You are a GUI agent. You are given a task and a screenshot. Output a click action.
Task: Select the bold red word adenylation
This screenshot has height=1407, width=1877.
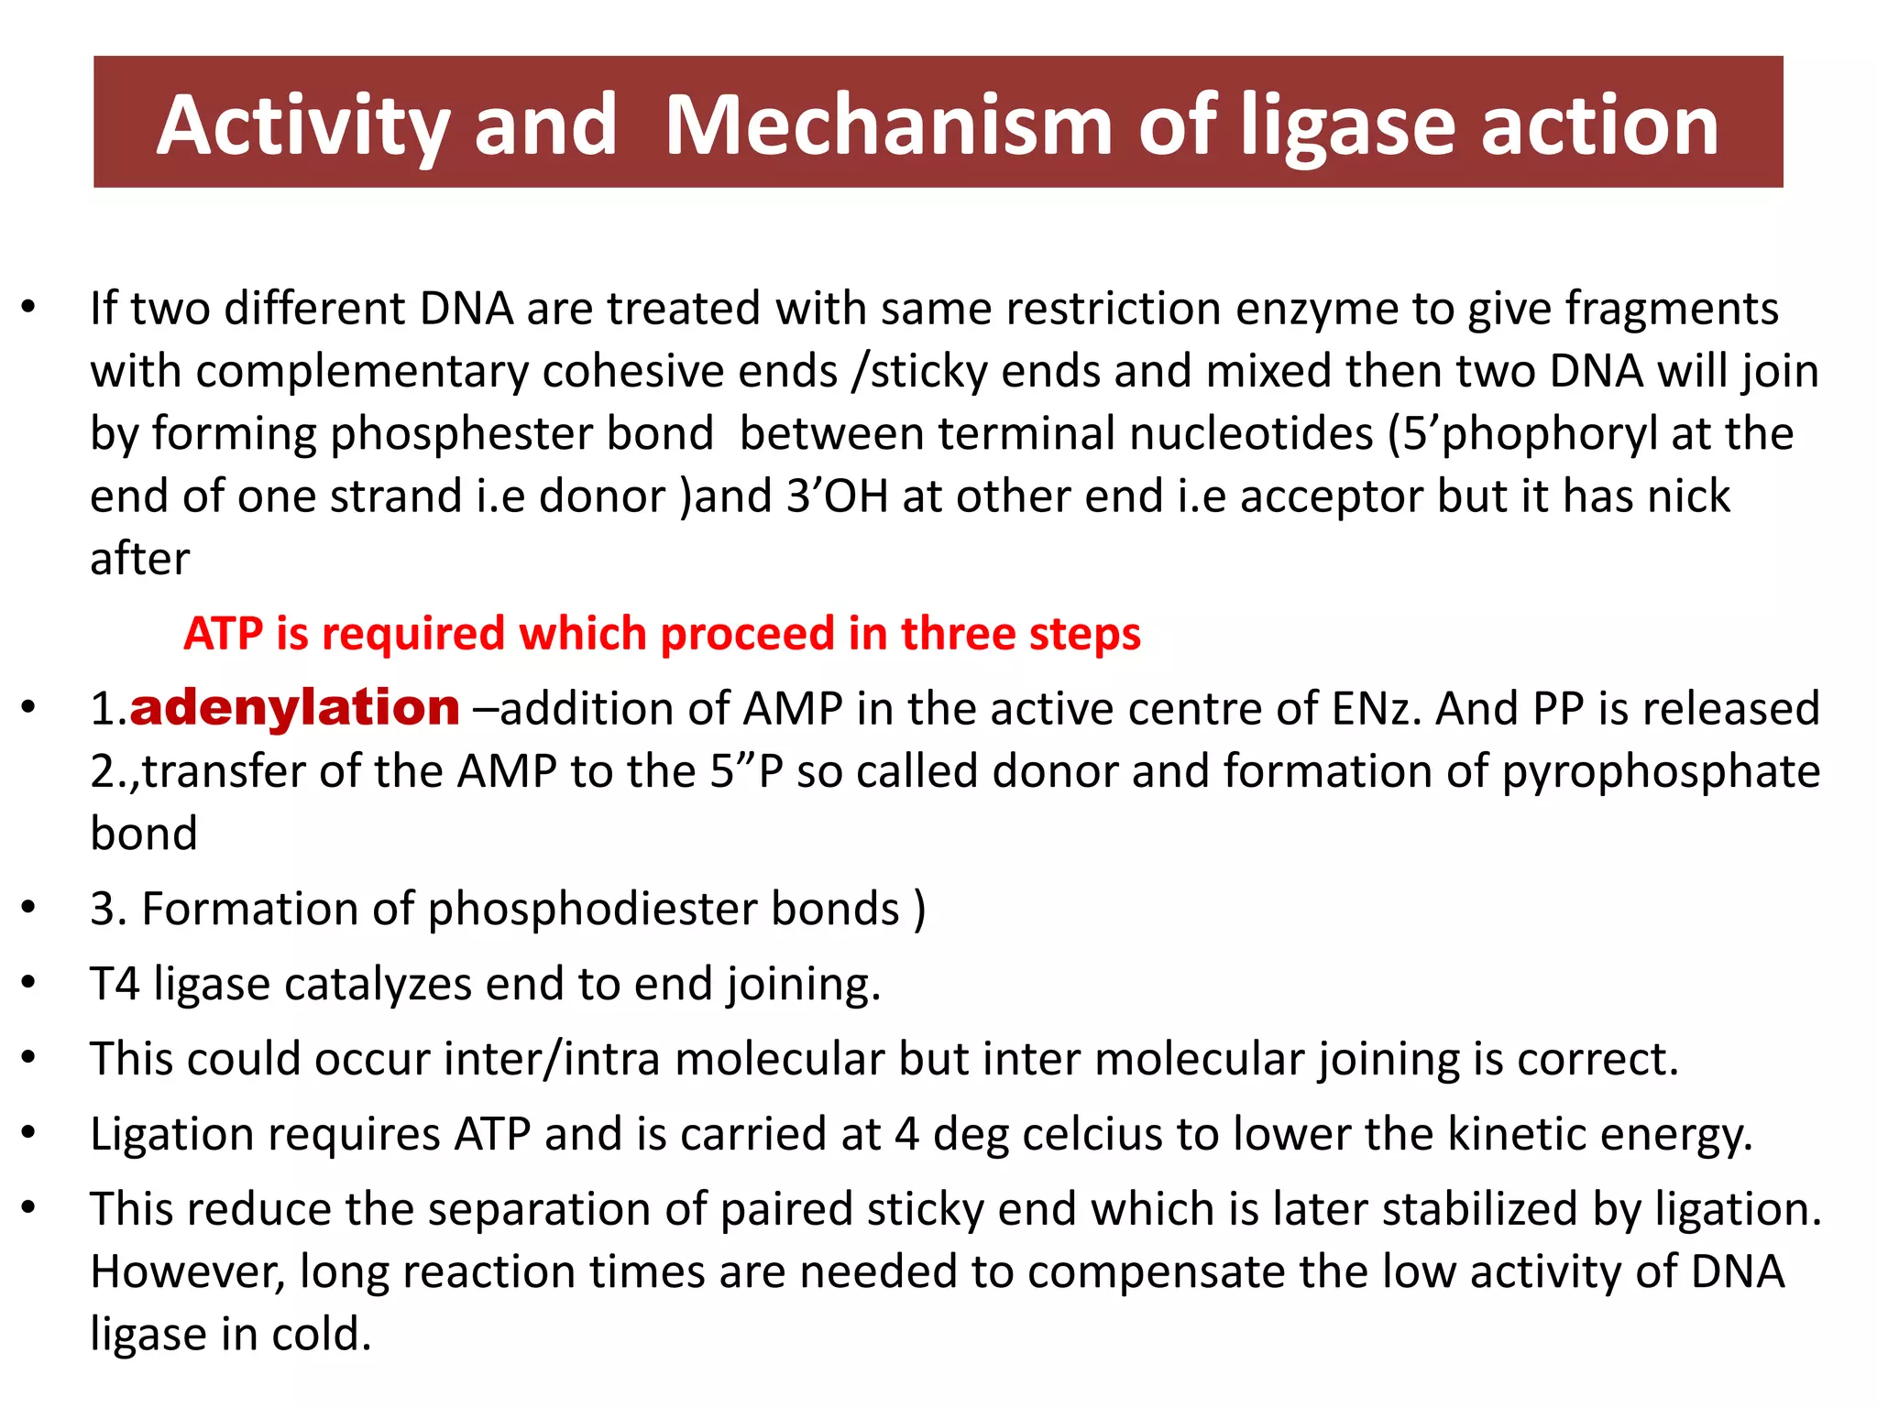294,708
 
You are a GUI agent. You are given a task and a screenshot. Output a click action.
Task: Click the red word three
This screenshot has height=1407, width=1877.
958,634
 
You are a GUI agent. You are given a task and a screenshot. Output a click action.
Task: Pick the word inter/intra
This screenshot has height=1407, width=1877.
552,1060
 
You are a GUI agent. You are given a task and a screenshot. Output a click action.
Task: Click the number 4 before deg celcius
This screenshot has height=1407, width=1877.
906,1135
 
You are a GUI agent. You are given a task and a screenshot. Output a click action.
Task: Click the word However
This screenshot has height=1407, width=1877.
188,1273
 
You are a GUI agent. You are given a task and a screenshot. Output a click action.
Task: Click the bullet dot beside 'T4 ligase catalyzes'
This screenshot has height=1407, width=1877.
29,983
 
